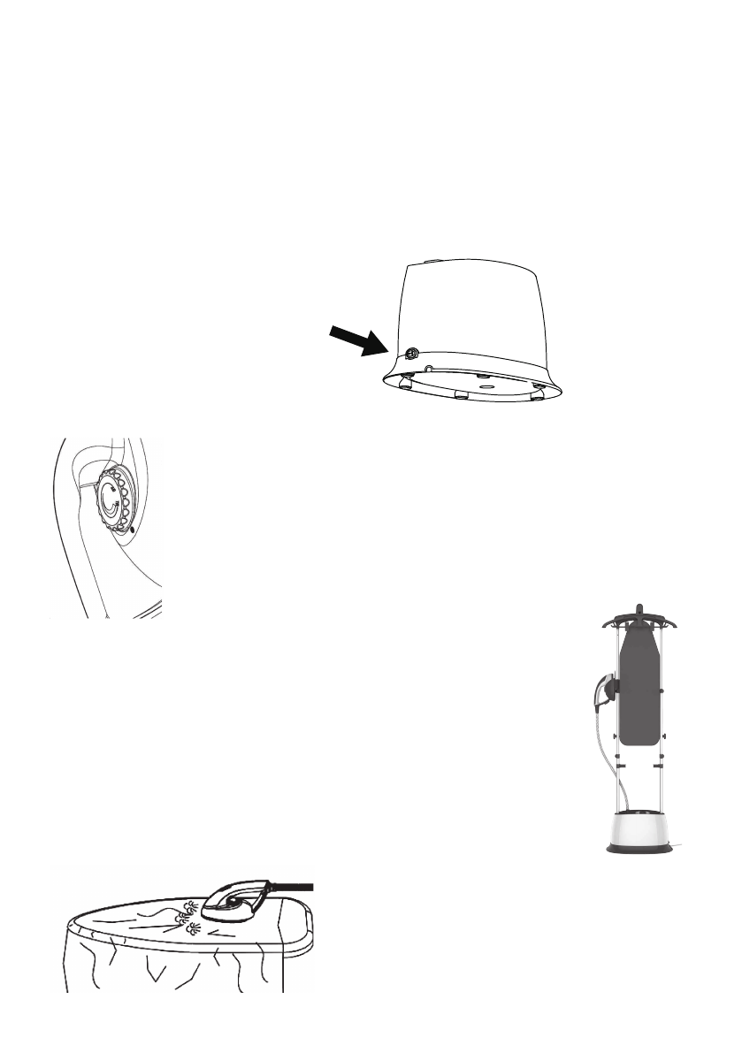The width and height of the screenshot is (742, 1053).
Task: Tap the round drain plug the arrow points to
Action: [412, 353]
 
